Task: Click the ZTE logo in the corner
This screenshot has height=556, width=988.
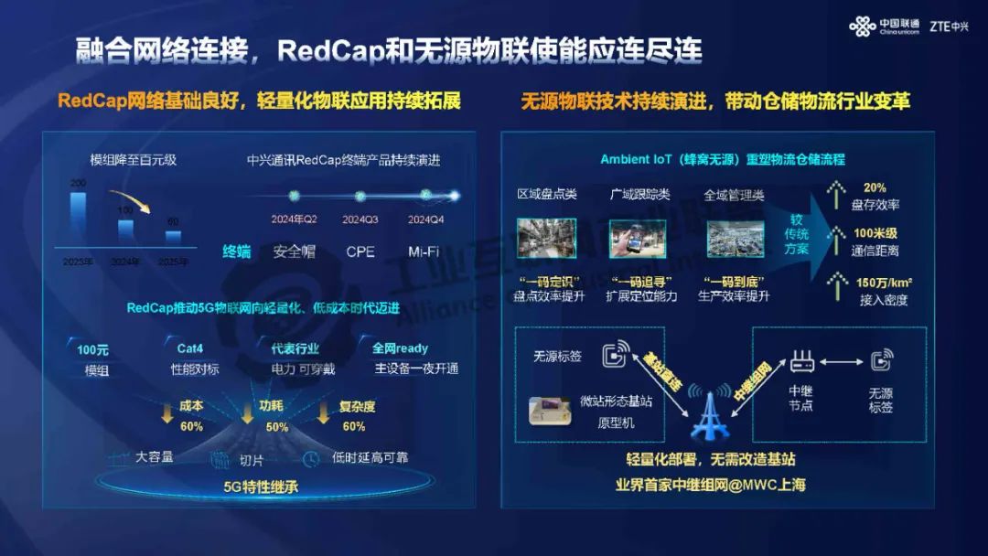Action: point(949,26)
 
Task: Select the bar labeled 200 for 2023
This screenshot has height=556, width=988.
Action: point(79,217)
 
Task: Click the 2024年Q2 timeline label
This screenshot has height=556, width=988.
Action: point(294,219)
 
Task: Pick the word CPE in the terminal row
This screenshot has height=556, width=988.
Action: point(360,251)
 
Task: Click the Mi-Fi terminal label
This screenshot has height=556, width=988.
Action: point(426,251)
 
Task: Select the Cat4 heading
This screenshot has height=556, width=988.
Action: point(190,348)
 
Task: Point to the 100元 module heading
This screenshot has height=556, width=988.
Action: point(93,348)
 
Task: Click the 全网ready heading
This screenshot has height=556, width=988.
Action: point(400,348)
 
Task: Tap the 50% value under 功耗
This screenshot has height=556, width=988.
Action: point(276,426)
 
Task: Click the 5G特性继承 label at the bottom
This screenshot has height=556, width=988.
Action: point(261,486)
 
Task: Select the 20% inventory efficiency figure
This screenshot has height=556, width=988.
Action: point(875,187)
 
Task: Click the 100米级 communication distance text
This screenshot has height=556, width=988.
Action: point(875,233)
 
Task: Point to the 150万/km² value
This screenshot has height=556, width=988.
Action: point(883,282)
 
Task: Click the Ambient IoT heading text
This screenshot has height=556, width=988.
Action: point(723,159)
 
